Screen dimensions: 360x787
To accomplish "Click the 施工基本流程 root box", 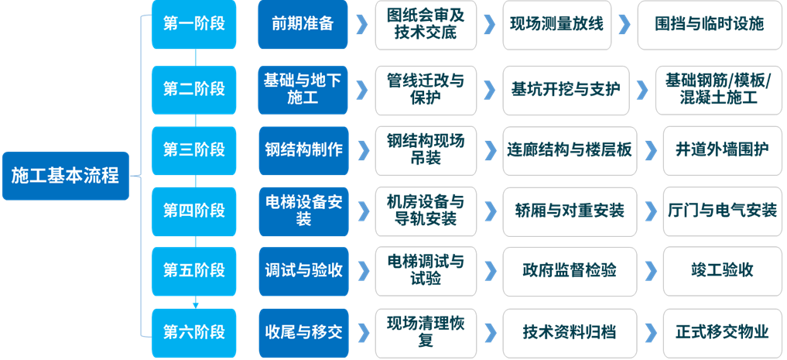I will pos(65,176).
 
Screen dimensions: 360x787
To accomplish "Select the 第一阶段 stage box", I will pos(194,24).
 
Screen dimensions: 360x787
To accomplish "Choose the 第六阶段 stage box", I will pos(194,332).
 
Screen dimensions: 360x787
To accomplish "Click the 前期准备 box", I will pos(303,24).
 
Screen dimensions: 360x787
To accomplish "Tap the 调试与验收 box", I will pos(303,270).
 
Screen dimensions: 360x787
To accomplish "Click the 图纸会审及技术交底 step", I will pos(426,24).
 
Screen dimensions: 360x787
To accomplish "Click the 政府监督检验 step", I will pos(569,270).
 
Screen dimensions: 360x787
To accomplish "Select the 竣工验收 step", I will pos(720,270).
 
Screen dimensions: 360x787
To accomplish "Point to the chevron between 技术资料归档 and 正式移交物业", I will pos(651,332).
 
